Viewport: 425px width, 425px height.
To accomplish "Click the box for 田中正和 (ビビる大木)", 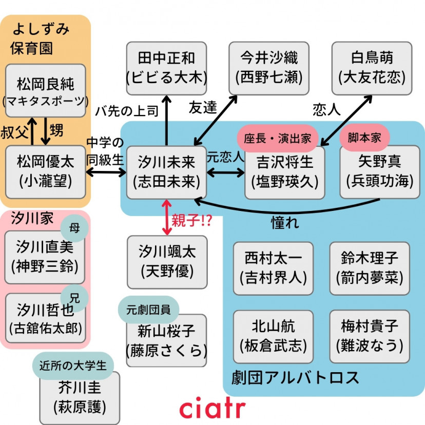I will click(166, 68).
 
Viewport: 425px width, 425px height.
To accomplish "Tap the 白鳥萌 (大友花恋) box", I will click(372, 68).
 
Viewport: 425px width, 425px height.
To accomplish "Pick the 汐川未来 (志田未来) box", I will click(166, 172).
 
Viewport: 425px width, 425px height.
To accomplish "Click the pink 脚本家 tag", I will click(364, 137).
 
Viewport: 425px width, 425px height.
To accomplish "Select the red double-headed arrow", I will click(167, 218).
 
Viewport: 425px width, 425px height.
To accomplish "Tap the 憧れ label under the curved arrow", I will click(285, 224).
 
